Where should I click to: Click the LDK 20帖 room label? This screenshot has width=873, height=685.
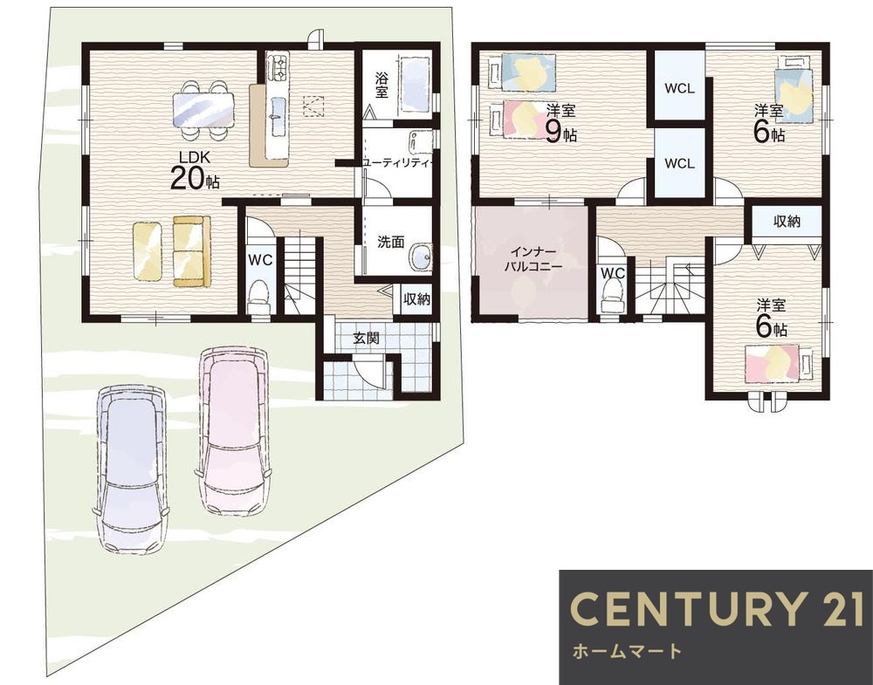[195, 171]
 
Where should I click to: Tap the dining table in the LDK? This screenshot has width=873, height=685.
[203, 109]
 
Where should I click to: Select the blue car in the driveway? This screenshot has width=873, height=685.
[132, 469]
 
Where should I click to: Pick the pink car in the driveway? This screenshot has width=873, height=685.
[234, 431]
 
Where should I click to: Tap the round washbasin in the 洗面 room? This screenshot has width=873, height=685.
[421, 257]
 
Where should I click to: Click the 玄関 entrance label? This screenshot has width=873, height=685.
[367, 338]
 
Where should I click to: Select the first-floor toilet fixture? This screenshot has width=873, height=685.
[258, 298]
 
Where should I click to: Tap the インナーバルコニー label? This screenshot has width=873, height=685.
[533, 258]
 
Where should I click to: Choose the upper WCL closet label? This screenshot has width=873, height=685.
[679, 88]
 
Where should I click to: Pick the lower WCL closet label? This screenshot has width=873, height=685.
[679, 163]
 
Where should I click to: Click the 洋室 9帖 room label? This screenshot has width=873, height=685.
[560, 123]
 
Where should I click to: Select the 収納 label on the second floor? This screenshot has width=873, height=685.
[787, 222]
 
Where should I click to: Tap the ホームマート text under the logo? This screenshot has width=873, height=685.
[627, 651]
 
